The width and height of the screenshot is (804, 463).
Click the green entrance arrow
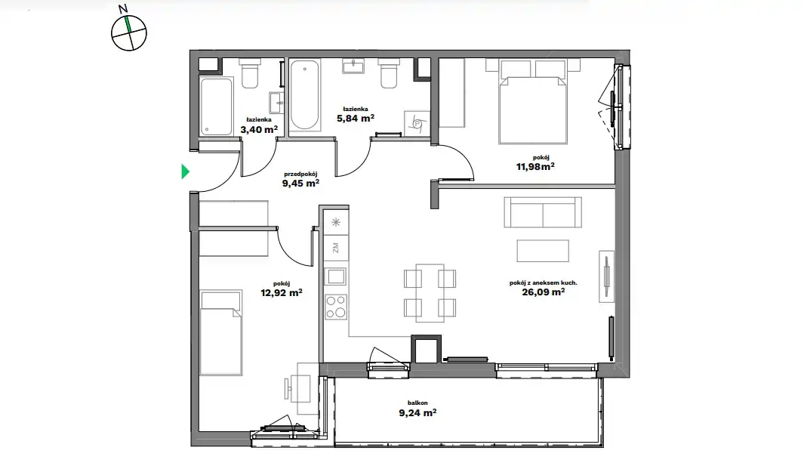[185, 171]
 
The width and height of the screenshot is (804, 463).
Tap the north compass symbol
[128, 32]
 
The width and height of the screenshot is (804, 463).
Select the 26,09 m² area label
[543, 292]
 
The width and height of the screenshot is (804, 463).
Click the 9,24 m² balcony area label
[417, 412]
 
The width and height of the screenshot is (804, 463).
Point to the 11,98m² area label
[534, 166]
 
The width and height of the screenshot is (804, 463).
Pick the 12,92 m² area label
[281, 293]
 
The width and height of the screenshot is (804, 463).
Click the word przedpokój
[300, 174]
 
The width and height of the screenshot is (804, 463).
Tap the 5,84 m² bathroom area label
[356, 119]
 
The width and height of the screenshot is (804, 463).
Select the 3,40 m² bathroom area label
[259, 130]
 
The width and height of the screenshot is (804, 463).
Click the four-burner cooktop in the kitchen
[337, 307]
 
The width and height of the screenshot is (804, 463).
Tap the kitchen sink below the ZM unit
[337, 277]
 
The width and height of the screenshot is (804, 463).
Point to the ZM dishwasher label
[336, 248]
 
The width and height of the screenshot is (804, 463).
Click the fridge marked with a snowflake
[336, 222]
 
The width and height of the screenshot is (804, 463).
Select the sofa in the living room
[543, 212]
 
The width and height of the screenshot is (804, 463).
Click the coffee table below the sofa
[543, 251]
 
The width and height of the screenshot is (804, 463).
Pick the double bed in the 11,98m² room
[533, 101]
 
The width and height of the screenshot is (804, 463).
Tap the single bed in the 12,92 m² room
[221, 333]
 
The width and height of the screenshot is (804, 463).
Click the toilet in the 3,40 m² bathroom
[250, 73]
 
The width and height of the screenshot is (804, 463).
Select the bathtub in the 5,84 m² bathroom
[304, 95]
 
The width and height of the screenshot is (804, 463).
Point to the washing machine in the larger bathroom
[417, 124]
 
